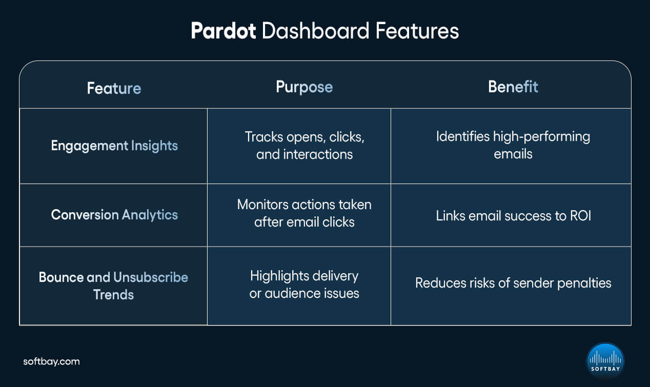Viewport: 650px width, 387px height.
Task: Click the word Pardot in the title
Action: pos(223,32)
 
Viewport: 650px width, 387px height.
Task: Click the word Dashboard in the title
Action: pos(315,32)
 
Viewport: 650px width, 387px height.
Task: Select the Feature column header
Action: pos(114,88)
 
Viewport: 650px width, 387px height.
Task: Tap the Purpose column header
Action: pos(304,87)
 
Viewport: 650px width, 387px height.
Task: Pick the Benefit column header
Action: pos(513,87)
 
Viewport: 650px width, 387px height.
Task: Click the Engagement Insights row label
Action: pos(114,146)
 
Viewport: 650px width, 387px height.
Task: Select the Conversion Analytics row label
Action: pos(114,215)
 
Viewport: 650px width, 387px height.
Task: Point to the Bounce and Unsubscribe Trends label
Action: pos(113,286)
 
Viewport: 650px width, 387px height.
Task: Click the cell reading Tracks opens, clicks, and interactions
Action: pos(304,146)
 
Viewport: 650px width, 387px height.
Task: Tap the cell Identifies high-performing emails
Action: pos(513,145)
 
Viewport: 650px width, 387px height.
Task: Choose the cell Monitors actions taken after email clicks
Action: pos(304,213)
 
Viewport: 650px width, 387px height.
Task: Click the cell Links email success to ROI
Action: pos(513,215)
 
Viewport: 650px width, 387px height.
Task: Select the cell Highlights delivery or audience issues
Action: pos(304,284)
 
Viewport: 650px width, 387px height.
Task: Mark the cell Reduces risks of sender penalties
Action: pos(513,283)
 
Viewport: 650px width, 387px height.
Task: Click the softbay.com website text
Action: pos(51,361)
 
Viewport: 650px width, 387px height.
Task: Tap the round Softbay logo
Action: pos(605,361)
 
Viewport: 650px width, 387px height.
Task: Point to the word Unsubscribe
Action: pos(151,277)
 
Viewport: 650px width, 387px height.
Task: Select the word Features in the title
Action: pos(417,32)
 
